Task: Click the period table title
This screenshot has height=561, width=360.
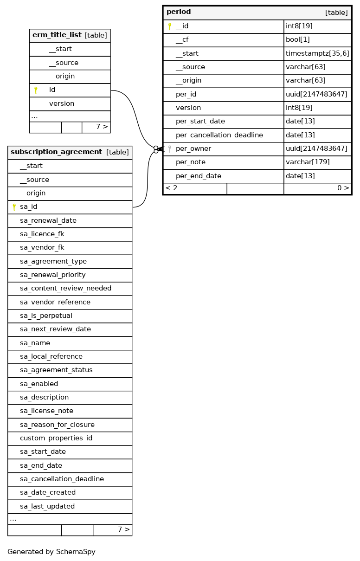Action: [179, 12]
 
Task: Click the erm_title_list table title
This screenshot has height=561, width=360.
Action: [57, 35]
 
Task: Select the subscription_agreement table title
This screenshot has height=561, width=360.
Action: [56, 152]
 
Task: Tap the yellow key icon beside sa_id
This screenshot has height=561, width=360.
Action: [14, 207]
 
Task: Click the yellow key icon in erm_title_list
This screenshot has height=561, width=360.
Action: [36, 90]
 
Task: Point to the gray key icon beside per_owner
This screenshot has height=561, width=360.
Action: [170, 149]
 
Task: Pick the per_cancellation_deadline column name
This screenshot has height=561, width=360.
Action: [219, 135]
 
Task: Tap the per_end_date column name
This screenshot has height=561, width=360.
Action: [198, 176]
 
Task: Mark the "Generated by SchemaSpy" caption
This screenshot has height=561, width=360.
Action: [51, 552]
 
